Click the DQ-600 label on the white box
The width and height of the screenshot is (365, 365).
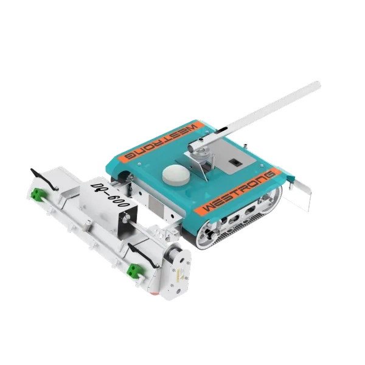coord(109,195)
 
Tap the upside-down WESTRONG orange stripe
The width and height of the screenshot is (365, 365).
coord(161,142)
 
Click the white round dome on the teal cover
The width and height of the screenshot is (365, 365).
coord(176,175)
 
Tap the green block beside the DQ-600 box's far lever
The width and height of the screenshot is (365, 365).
coord(36,194)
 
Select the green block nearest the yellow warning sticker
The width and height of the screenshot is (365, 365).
coord(134,271)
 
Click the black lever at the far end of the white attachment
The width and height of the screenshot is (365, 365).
coord(44,179)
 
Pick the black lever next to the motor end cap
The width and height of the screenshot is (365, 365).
coord(143,255)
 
